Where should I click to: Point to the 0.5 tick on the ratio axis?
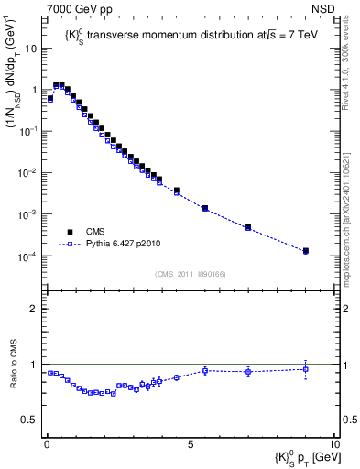(29, 420)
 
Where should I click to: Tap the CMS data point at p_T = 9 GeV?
(306, 250)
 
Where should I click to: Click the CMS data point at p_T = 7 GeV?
(248, 226)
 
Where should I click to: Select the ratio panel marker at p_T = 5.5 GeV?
(205, 370)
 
